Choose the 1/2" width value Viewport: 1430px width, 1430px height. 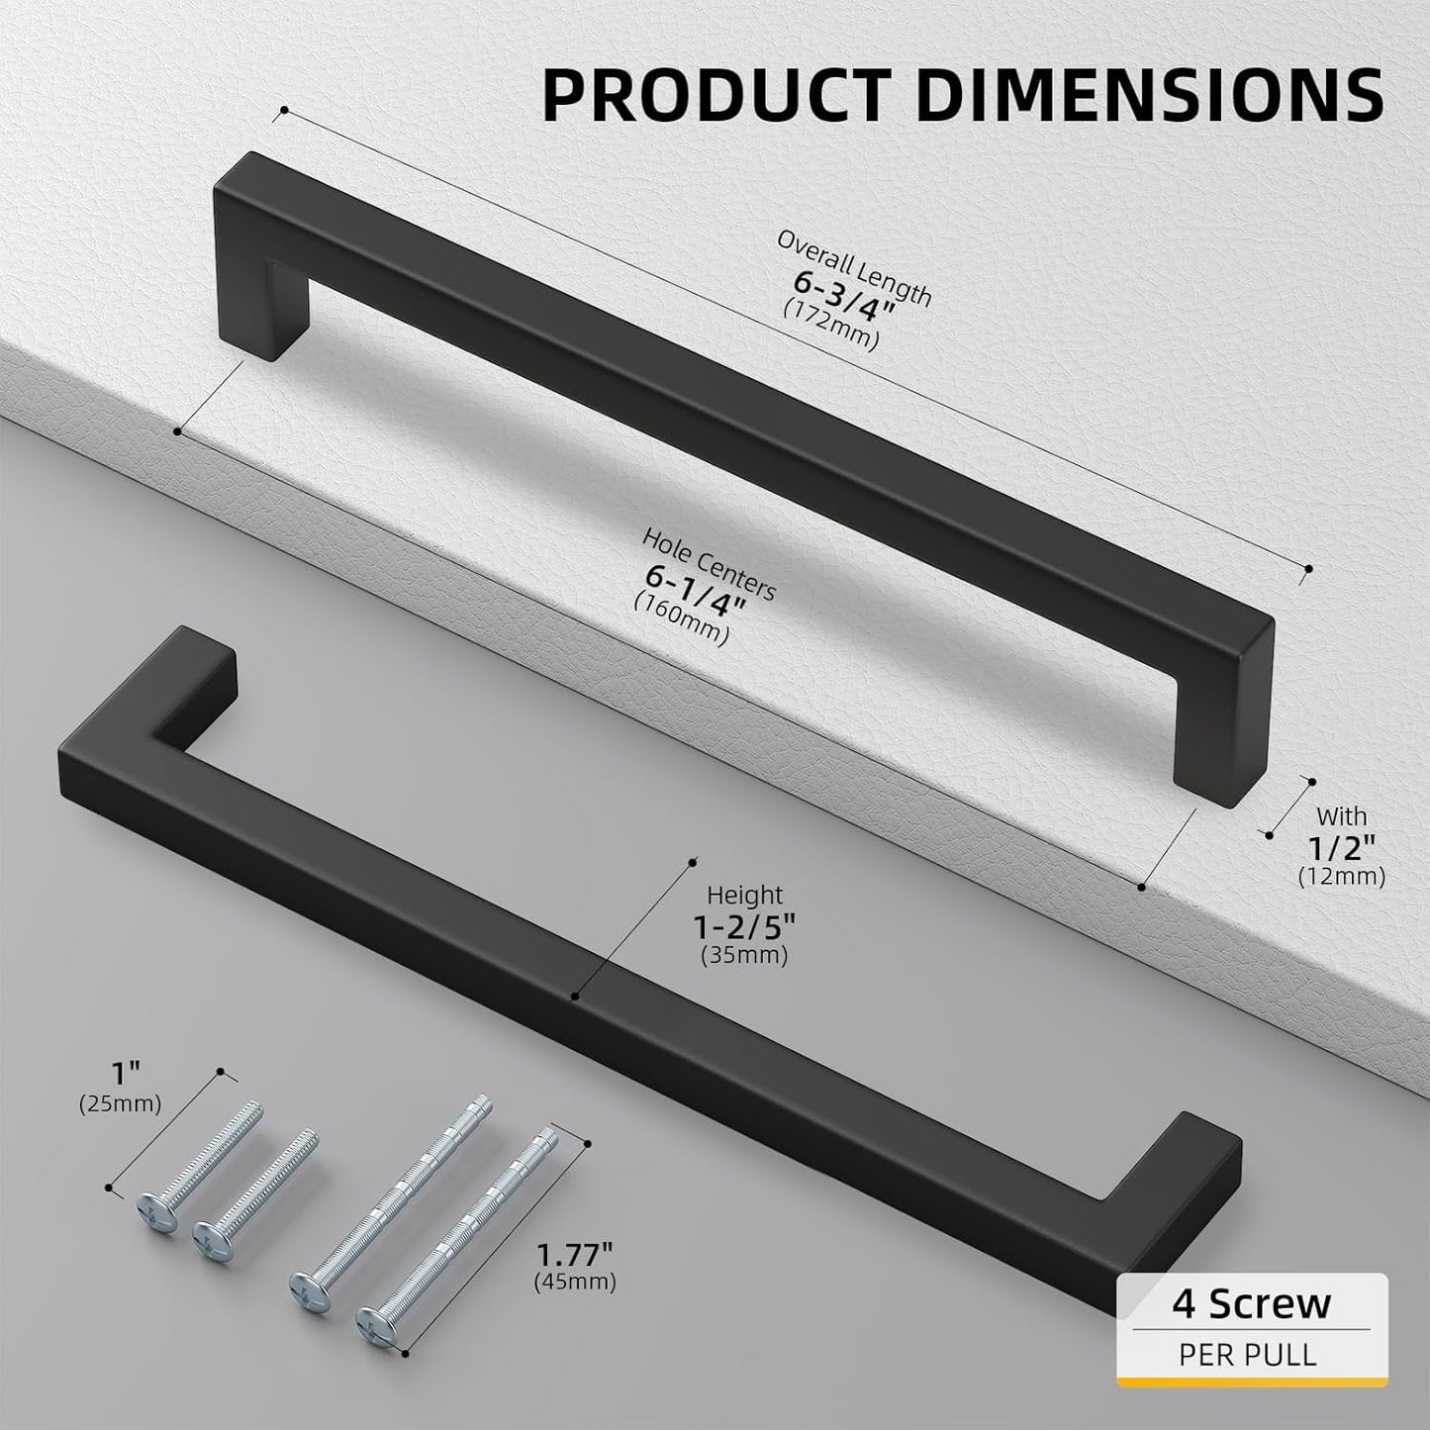1341,845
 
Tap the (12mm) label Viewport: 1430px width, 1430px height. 1341,876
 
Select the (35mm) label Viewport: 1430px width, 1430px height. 744,956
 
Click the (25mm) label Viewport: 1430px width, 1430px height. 120,1104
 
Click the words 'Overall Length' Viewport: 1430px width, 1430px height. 854,267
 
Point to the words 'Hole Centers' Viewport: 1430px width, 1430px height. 709,561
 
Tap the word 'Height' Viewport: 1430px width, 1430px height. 744,896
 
